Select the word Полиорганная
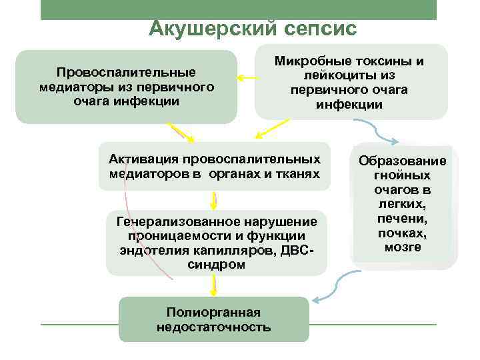(214, 312)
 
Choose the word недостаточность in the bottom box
(214, 327)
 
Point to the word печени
(403, 219)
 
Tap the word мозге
(403, 247)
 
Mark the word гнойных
(403, 175)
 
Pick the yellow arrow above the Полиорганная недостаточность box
(214, 286)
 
